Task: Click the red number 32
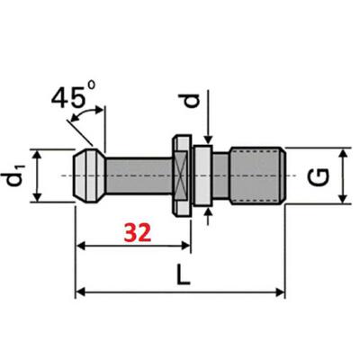[138, 233]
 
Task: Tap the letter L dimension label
[183, 274]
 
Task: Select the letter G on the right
[319, 177]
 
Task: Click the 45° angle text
[74, 96]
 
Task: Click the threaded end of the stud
[257, 175]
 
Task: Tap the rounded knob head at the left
[90, 175]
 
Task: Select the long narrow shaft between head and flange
[139, 175]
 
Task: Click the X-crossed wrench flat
[182, 175]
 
